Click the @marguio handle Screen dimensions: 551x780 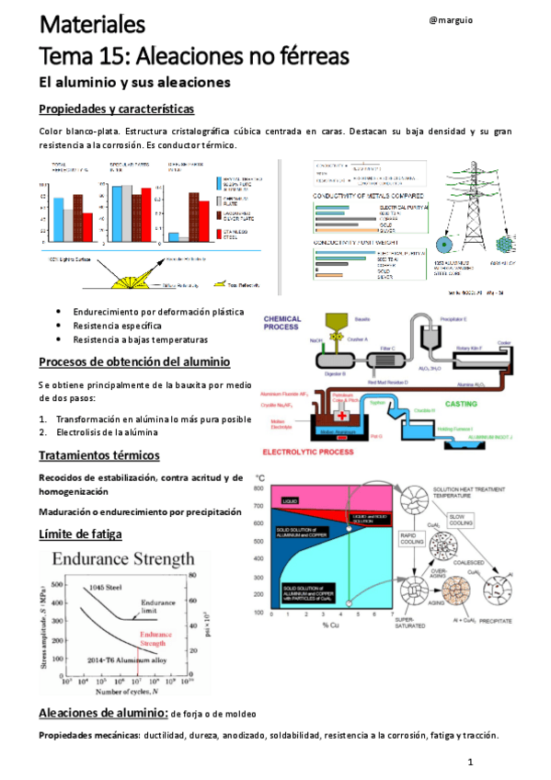point(451,20)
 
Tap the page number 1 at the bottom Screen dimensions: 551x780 point(469,763)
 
